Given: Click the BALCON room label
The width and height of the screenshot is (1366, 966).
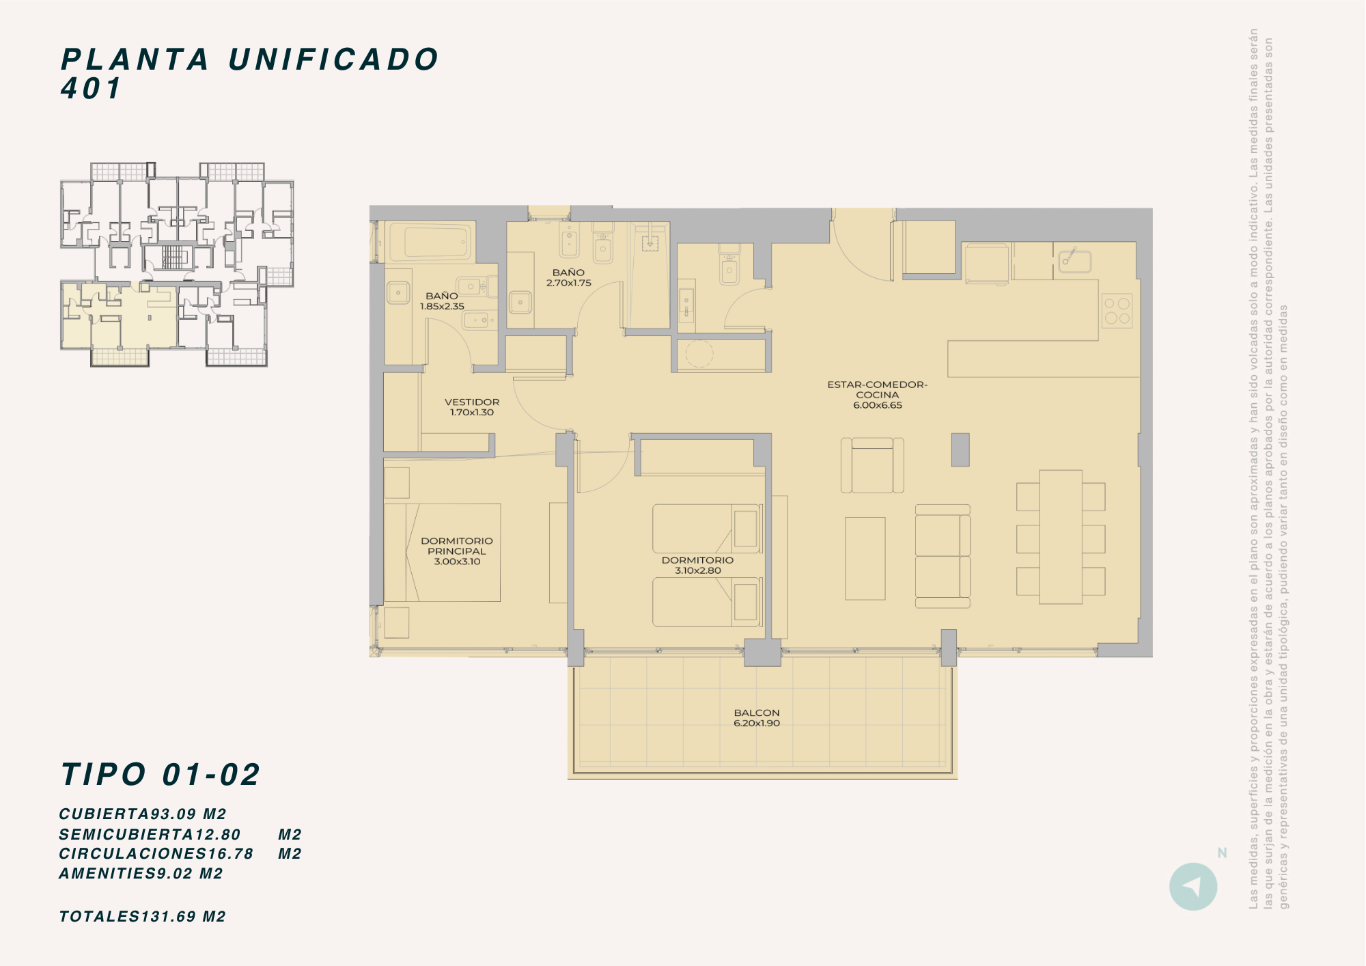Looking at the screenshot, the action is (x=757, y=713).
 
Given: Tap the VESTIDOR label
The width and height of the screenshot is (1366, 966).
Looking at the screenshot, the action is (x=472, y=402).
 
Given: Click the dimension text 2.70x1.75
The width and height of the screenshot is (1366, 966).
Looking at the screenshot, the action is (x=569, y=283).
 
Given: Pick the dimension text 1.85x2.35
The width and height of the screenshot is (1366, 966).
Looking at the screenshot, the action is (x=442, y=306).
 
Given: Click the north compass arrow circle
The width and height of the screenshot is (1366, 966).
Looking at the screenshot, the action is (x=1193, y=887).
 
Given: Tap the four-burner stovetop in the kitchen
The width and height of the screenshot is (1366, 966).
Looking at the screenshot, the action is (x=1117, y=311).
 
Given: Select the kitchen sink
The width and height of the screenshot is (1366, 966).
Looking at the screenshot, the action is (x=1074, y=260).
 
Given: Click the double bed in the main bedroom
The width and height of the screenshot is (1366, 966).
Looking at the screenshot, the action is (x=443, y=553).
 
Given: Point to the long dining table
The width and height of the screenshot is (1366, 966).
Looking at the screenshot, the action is (x=1061, y=537).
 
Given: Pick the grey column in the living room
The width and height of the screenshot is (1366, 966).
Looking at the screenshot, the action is (x=960, y=450).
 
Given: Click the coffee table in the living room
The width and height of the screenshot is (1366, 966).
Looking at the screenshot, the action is (x=865, y=558).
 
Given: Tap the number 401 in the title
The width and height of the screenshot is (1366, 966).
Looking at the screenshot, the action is (x=91, y=88).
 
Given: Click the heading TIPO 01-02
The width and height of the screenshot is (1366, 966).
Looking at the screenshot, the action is (x=161, y=775).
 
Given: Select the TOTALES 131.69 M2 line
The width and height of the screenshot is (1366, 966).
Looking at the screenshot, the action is (x=142, y=917).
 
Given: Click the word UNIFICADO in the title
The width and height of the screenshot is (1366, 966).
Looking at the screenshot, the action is (x=333, y=59).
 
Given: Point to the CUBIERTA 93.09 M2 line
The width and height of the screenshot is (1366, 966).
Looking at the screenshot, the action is (x=143, y=814).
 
